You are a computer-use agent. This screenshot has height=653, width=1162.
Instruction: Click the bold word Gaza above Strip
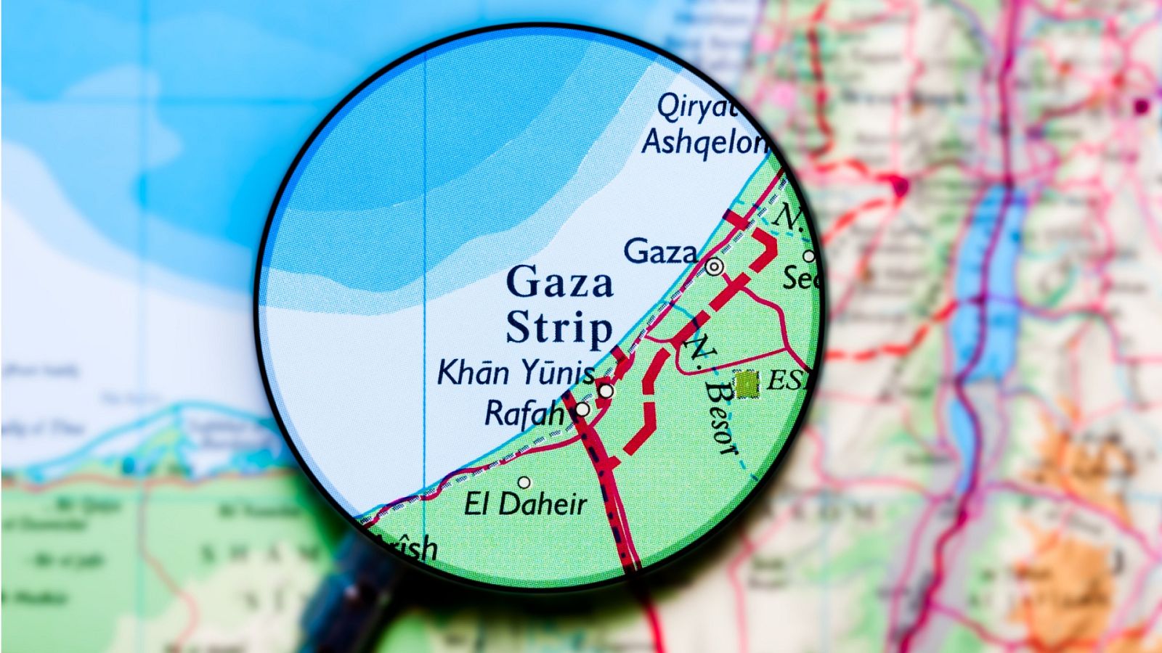(559, 282)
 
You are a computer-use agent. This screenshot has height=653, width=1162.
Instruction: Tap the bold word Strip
(559, 328)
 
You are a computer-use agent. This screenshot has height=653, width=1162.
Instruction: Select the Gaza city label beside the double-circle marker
(659, 252)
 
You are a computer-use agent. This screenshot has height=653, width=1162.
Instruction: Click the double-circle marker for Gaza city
(715, 267)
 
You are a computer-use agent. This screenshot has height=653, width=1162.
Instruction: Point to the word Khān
(473, 373)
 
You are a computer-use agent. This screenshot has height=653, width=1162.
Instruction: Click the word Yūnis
(558, 373)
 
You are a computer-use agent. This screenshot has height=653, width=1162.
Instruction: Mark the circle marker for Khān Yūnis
(606, 391)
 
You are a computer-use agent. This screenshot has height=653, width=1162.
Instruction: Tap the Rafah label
(524, 414)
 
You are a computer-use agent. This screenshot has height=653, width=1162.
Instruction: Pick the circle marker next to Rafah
(582, 410)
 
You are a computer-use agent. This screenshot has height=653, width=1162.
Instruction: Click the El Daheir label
(525, 504)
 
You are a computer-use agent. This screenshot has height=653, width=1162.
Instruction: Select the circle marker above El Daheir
(524, 482)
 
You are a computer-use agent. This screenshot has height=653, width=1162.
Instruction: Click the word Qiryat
(696, 108)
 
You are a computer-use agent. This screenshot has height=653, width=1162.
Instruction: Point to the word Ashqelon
(704, 142)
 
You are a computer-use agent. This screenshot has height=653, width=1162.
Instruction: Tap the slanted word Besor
(720, 417)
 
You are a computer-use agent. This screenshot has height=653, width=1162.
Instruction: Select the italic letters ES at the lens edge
(786, 380)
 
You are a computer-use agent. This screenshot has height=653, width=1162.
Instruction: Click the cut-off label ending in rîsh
(410, 548)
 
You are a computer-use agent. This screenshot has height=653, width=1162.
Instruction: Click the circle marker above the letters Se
(808, 256)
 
